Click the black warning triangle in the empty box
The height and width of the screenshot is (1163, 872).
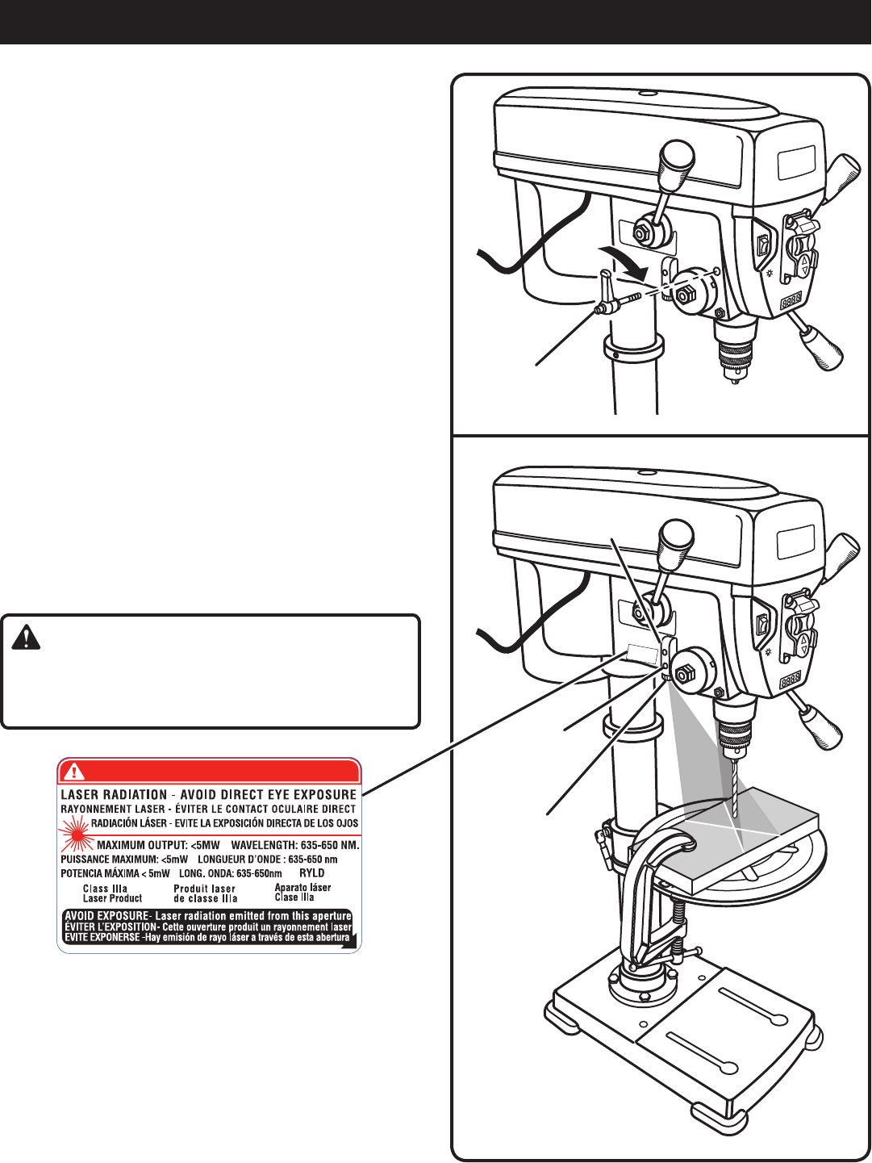[27, 638]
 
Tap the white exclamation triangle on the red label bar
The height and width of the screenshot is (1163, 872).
[73, 771]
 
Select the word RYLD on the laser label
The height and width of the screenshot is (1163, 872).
[311, 873]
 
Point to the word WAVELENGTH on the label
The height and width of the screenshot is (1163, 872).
[266, 845]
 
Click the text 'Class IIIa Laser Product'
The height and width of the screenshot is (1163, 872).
[112, 893]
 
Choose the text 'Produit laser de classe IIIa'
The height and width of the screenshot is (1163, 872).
[205, 893]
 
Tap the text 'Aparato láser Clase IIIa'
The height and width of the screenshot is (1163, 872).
[302, 892]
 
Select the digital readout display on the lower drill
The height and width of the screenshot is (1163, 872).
[791, 680]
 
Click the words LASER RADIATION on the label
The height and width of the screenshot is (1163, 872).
[115, 795]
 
